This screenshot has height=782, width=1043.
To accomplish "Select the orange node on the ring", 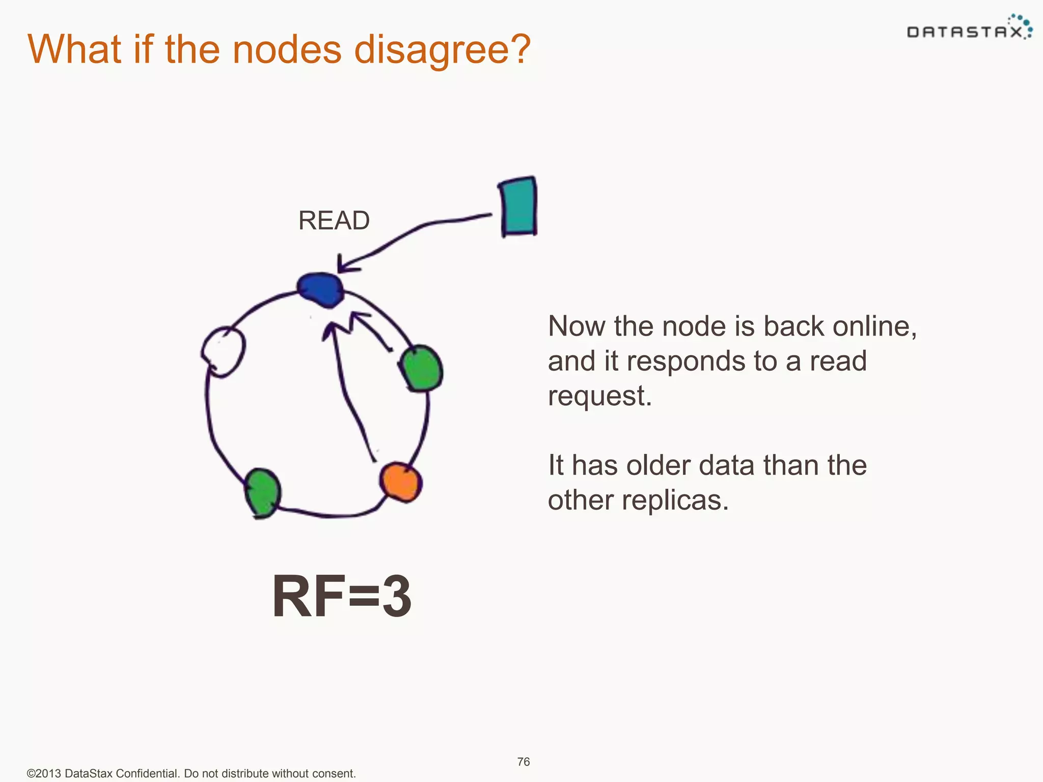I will point(401,482).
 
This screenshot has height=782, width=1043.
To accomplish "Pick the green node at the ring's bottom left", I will point(263,493).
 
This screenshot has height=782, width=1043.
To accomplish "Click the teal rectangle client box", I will point(518,207).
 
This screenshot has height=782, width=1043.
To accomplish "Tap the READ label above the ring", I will point(334,220).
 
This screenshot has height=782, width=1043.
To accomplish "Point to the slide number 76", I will point(523,762).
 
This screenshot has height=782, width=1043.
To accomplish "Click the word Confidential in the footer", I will point(146,773).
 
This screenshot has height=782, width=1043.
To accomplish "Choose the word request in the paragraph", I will point(599,396).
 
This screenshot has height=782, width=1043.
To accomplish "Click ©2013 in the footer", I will point(44,773).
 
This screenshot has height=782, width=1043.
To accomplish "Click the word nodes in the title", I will point(287,50).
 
